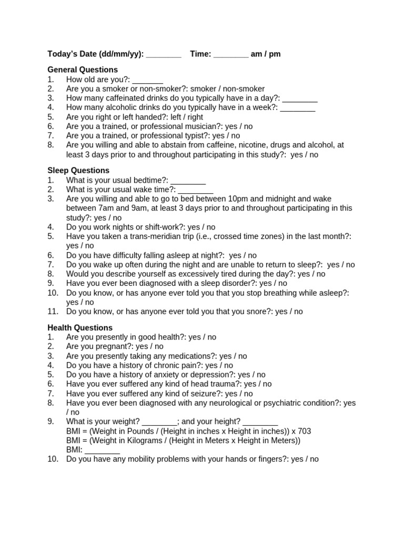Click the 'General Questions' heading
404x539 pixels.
pyautogui.click(x=83, y=69)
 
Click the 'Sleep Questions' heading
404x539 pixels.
pyautogui.click(x=78, y=171)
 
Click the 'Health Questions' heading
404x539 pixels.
pyautogui.click(x=80, y=327)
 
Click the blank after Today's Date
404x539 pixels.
pyautogui.click(x=163, y=54)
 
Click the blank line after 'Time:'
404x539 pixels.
pyautogui.click(x=231, y=54)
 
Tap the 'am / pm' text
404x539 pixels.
pyautogui.click(x=266, y=54)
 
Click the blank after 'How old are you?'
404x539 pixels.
pyautogui.click(x=147, y=79)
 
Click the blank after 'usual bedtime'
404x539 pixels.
pyautogui.click(x=188, y=181)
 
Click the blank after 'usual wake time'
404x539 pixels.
pyautogui.click(x=195, y=190)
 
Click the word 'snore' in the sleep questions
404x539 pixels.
pyautogui.click(x=258, y=312)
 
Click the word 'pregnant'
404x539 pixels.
pyautogui.click(x=115, y=346)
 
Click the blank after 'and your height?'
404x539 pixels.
pyautogui.click(x=260, y=422)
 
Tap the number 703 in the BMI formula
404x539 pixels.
pyautogui.click(x=304, y=431)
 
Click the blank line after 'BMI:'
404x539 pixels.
pyautogui.click(x=102, y=450)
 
